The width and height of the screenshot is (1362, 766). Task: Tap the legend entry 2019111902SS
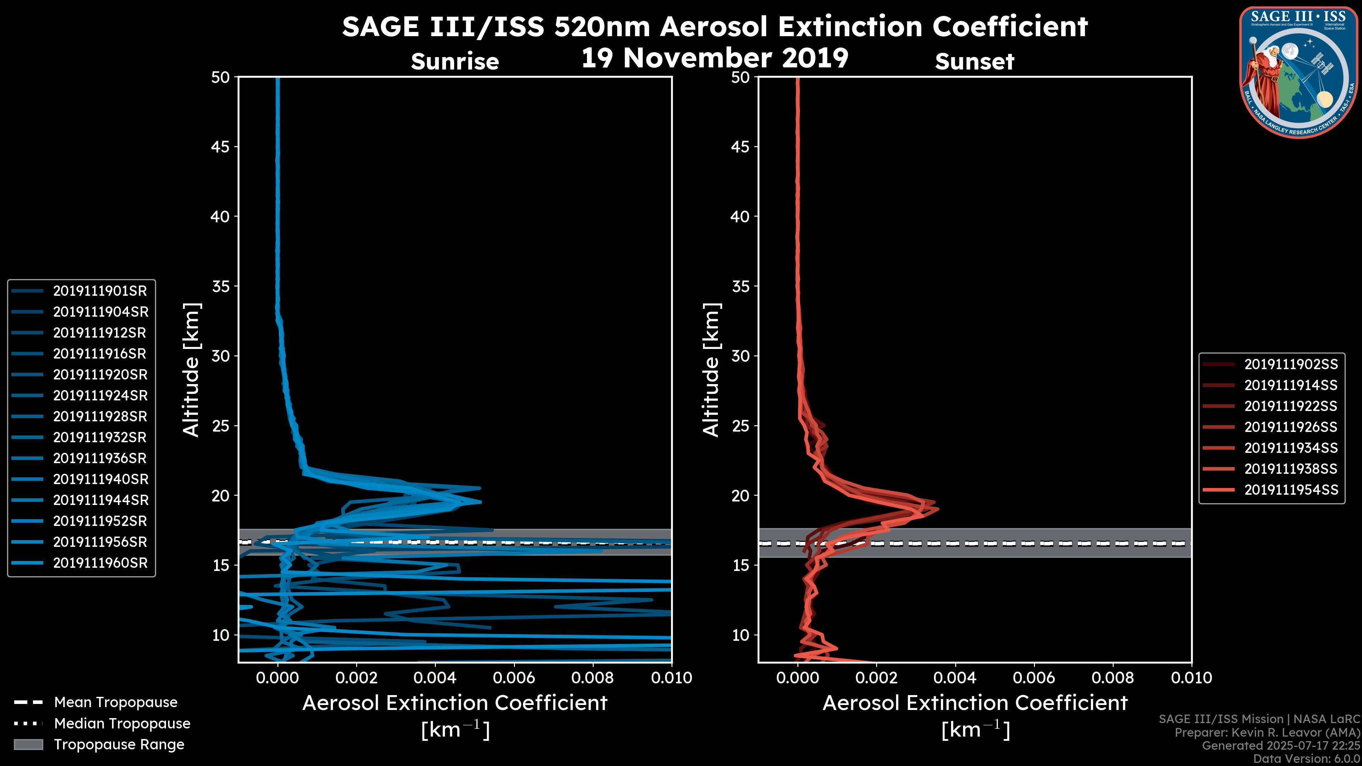point(1291,364)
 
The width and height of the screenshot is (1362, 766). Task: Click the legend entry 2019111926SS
point(1291,427)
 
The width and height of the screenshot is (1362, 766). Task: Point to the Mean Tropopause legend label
point(116,703)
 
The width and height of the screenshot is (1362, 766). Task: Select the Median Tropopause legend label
point(122,724)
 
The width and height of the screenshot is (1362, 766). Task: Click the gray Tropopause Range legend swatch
point(28,744)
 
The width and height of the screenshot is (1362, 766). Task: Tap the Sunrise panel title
point(455,62)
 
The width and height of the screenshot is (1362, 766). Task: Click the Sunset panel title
point(974,62)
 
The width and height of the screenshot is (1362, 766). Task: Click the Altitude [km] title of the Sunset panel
point(711,370)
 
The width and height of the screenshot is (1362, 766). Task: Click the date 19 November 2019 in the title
point(715,58)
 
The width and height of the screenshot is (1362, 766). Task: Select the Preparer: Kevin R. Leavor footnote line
point(1267,733)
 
